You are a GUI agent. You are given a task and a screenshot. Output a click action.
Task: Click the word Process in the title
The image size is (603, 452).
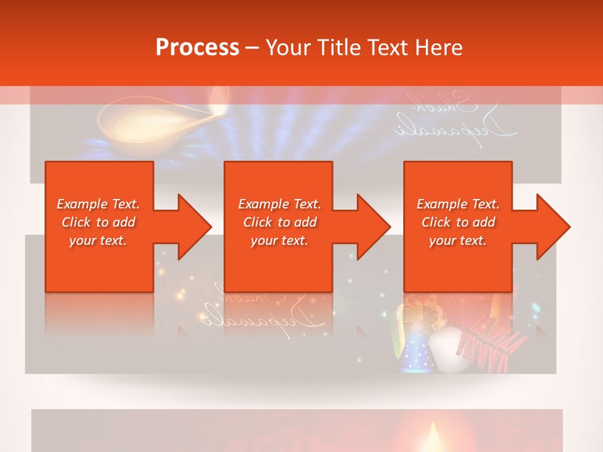pos(197,47)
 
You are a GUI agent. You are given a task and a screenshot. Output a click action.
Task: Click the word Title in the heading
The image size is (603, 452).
pos(339,47)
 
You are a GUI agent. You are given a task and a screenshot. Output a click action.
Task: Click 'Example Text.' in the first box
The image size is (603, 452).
pos(98,204)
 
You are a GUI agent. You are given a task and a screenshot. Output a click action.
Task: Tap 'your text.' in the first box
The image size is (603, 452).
pos(98,240)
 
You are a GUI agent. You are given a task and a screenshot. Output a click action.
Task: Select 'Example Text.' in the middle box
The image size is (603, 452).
pos(280,204)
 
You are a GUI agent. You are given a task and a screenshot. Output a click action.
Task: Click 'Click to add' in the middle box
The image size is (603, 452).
pos(280,222)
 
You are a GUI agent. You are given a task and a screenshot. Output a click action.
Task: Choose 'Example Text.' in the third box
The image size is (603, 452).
pos(458,204)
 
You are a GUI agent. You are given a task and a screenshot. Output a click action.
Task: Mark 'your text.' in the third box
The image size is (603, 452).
pos(458,240)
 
